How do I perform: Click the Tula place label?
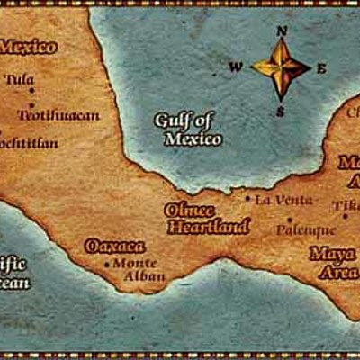pyautogui.click(x=19, y=79)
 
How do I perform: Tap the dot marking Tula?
pyautogui.click(x=32, y=90)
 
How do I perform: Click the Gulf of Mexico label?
pyautogui.click(x=187, y=129)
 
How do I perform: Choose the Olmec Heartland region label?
pyautogui.click(x=195, y=218)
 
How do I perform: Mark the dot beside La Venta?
pyautogui.click(x=248, y=198)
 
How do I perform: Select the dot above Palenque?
pyautogui.click(x=289, y=219)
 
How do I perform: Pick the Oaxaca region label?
pyautogui.click(x=114, y=245)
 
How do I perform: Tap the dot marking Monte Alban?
pyautogui.click(x=106, y=265)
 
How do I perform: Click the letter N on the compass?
pyautogui.click(x=282, y=30)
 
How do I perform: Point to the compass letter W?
pyautogui.click(x=235, y=66)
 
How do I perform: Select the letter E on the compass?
pyautogui.click(x=322, y=68)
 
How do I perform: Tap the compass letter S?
pyautogui.click(x=280, y=112)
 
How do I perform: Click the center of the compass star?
pyautogui.click(x=281, y=67)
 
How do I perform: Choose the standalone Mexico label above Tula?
pyautogui.click(x=26, y=47)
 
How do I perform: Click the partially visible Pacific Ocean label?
pyautogui.click(x=13, y=273)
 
